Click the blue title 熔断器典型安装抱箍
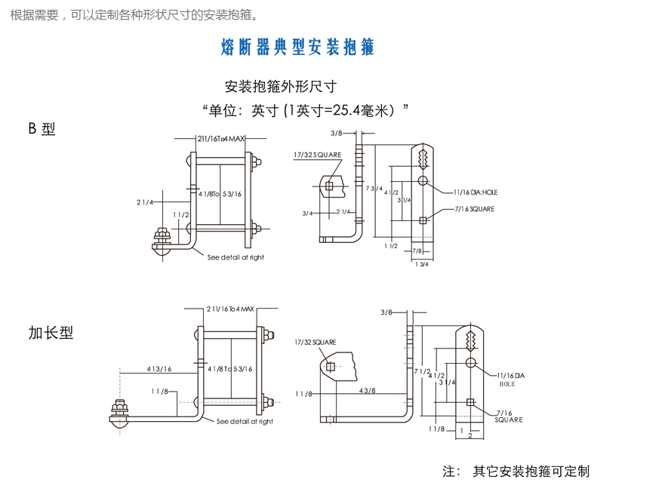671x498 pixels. coord(297,48)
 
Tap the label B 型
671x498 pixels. coord(42,129)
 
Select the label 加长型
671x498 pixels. coord(51,333)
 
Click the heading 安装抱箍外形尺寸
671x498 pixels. coord(280,86)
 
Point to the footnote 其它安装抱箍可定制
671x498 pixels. coord(531,472)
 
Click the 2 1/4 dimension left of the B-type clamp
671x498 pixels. coord(145,202)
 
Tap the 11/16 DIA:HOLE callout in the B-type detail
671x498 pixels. coord(476,192)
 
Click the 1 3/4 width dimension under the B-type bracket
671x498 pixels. coord(421,264)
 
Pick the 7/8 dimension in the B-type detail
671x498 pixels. coord(417,251)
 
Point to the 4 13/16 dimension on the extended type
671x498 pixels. coord(159,369)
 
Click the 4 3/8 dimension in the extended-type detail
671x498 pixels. coord(367,390)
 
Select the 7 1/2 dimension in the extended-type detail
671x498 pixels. coord(423,371)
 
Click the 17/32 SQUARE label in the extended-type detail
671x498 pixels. coord(315,343)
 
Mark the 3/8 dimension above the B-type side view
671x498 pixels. coord(337,133)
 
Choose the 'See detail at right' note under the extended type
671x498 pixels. coord(245,422)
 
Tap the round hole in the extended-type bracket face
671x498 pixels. coord(470,364)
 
